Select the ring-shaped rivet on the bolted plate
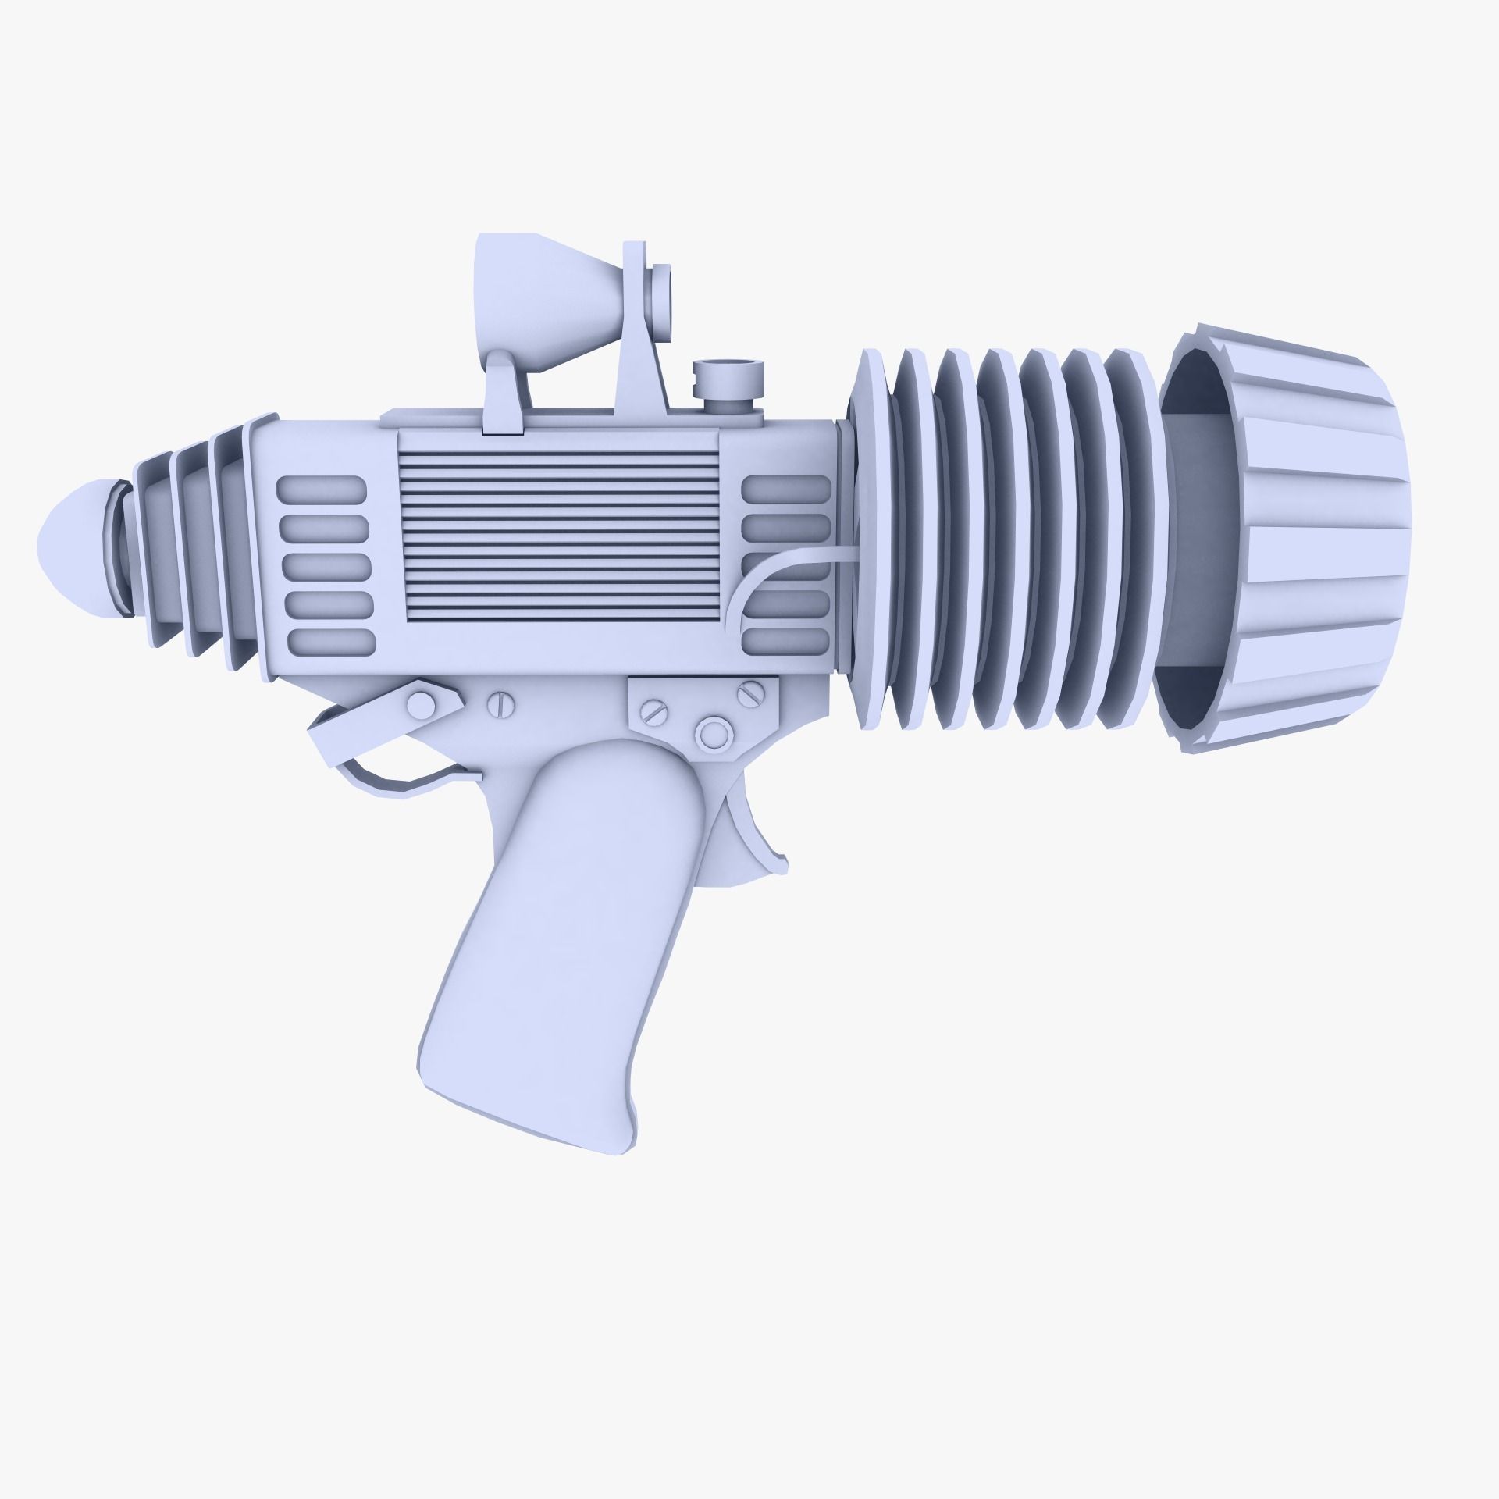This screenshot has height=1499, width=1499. pyautogui.click(x=712, y=733)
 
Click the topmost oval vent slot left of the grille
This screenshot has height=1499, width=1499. pyautogui.click(x=322, y=490)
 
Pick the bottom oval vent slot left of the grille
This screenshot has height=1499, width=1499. pyautogui.click(x=331, y=641)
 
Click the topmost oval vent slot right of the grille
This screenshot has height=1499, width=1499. pyautogui.click(x=785, y=490)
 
